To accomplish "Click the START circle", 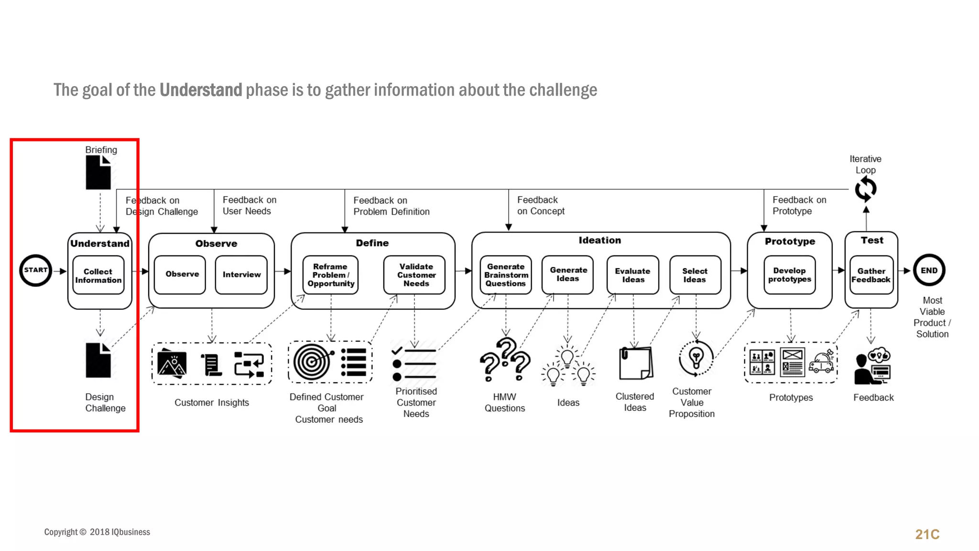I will (36, 270).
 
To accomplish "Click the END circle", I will (929, 270).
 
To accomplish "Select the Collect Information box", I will (98, 275).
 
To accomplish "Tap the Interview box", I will (241, 275).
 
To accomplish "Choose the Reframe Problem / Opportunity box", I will (331, 275).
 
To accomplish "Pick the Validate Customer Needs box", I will (415, 275).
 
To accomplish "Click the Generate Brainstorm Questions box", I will (506, 275).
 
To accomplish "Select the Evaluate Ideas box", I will (632, 275).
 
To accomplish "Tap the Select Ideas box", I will (695, 275).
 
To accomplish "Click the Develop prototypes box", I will (790, 275).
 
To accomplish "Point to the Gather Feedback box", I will (871, 275).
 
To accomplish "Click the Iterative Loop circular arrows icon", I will (866, 189).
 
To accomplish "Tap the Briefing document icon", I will (98, 173).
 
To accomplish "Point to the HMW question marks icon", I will (505, 360).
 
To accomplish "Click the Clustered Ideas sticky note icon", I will (635, 363).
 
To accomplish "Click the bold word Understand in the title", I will (201, 90).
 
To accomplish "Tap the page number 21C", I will (927, 534).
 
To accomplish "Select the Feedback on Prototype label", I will (799, 205).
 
